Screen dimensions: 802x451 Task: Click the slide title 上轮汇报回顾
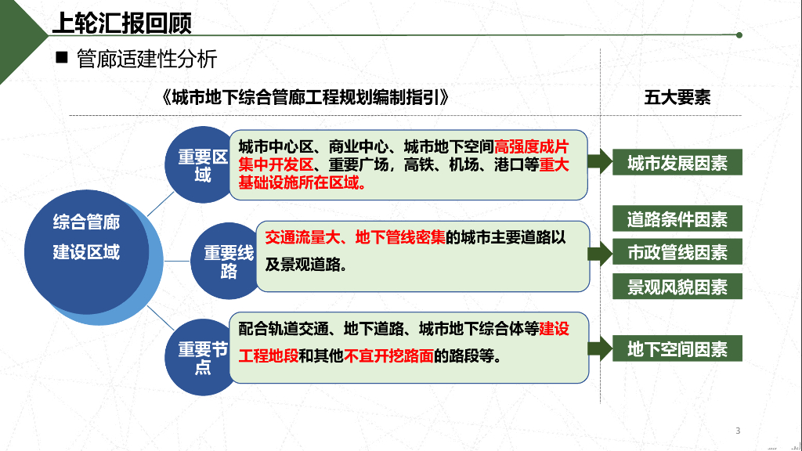click(x=122, y=23)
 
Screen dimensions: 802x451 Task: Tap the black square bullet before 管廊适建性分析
click(x=62, y=57)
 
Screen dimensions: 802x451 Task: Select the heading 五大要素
click(x=677, y=97)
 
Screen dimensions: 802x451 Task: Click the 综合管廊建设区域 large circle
click(x=86, y=251)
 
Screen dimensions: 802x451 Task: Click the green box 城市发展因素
click(x=677, y=162)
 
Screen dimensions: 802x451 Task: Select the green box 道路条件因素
click(x=677, y=219)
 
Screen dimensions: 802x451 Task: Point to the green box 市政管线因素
click(x=677, y=251)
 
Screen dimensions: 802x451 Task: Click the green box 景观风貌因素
click(x=677, y=287)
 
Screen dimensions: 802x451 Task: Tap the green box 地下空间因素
click(x=677, y=348)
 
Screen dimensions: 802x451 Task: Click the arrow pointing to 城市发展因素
click(x=600, y=161)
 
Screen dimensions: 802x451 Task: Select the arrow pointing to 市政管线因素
click(x=600, y=254)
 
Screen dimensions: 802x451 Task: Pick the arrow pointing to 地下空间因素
click(x=600, y=348)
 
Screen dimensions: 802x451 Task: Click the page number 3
click(x=738, y=431)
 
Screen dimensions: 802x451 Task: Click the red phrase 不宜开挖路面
click(x=388, y=355)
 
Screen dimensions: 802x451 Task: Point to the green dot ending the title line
click(x=739, y=34)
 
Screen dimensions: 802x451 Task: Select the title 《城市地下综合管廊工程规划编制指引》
click(x=305, y=97)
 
